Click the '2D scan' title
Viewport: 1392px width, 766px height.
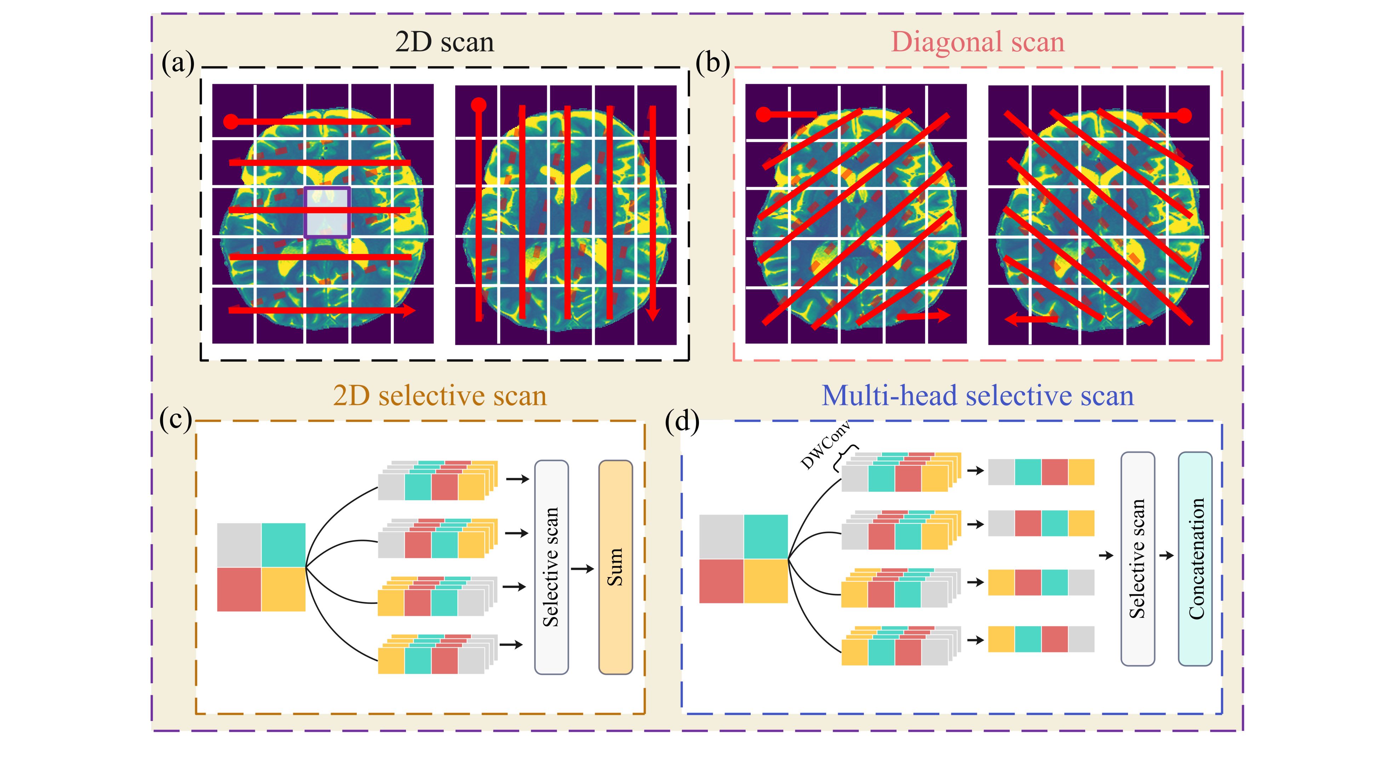[x=444, y=42]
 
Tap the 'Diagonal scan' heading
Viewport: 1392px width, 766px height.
[x=978, y=42]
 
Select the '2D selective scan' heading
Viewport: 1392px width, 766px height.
[x=439, y=396]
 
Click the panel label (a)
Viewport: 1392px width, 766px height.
[x=178, y=64]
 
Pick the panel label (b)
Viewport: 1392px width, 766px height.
[x=712, y=64]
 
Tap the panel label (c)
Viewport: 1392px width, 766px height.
[x=176, y=420]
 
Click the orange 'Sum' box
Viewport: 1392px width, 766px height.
[x=615, y=567]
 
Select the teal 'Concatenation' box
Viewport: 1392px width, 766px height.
[x=1195, y=559]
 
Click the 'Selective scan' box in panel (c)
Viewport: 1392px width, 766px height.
[x=551, y=567]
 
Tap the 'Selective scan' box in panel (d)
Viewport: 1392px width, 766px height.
[x=1138, y=559]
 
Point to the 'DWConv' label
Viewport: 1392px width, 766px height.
[x=825, y=446]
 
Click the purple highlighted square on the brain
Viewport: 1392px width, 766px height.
[x=327, y=212]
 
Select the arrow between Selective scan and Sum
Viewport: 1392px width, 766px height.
[x=583, y=568]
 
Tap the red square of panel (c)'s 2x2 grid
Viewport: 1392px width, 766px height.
[x=239, y=589]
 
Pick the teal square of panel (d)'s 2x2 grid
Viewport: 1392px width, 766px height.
[x=766, y=536]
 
